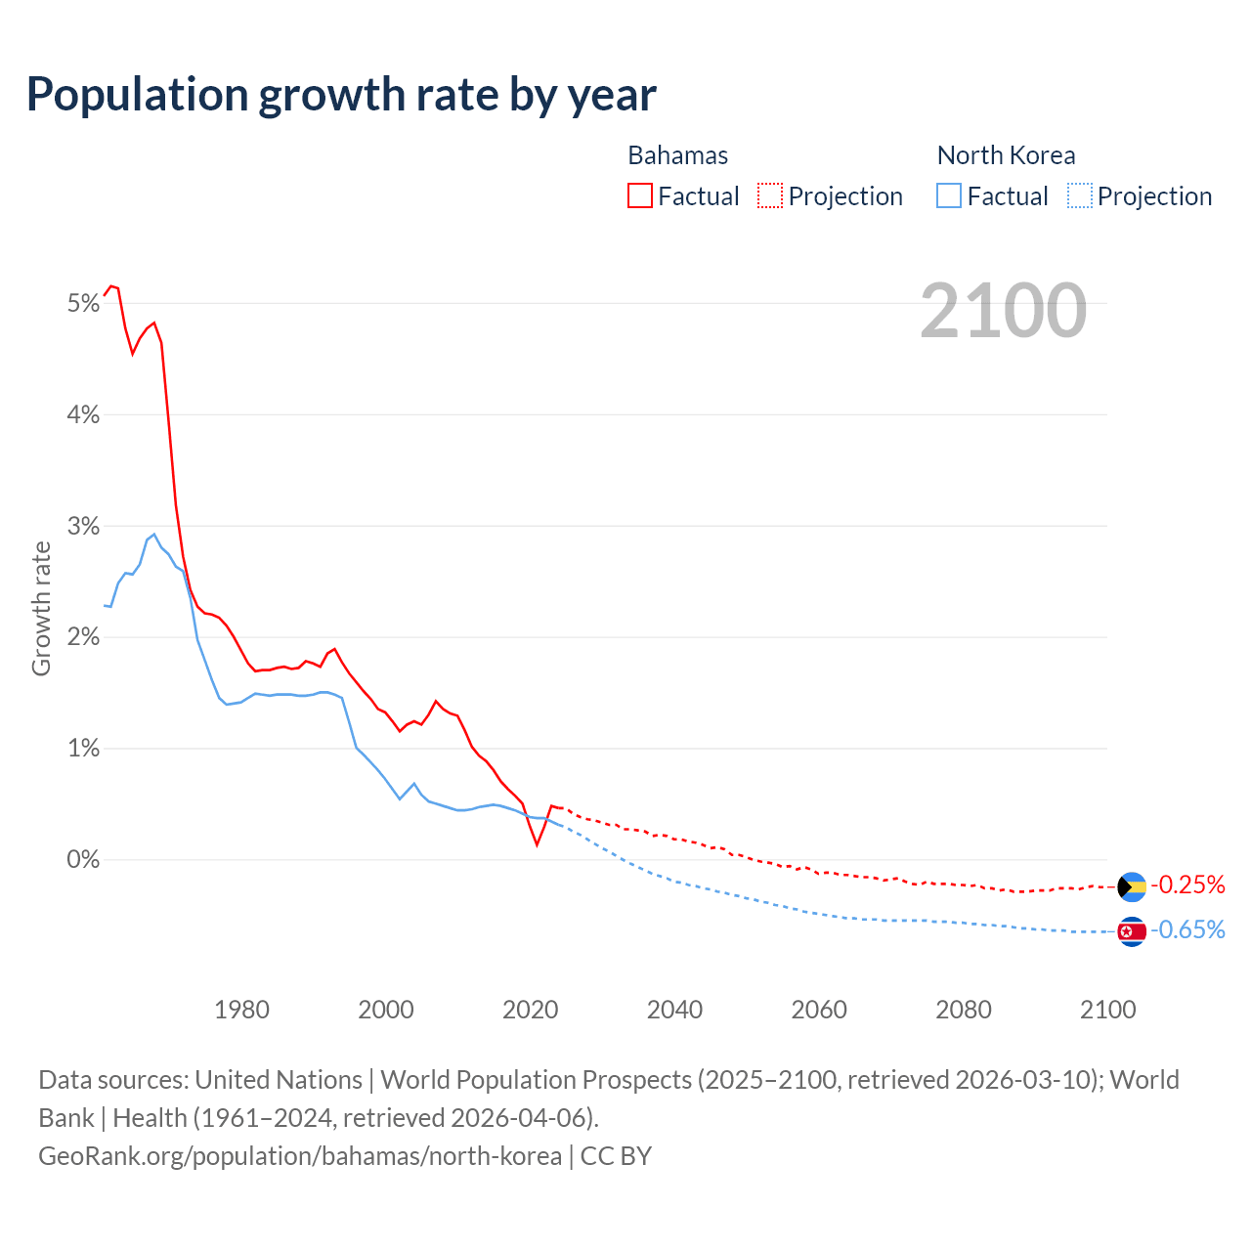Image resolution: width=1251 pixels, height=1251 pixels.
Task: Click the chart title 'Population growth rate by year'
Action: [x=341, y=95]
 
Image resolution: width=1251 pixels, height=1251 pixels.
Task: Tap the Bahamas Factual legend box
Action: [x=640, y=195]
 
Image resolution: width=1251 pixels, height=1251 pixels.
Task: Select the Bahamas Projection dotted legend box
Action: [x=770, y=195]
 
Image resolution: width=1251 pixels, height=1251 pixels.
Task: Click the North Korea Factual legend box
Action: [x=949, y=195]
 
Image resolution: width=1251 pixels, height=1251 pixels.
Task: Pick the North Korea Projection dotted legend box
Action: [x=1079, y=195]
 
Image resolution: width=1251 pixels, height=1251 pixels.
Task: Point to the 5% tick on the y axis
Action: [x=84, y=304]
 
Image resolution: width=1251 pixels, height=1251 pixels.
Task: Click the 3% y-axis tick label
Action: [x=84, y=527]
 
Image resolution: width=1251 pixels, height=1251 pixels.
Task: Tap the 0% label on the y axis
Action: [x=84, y=860]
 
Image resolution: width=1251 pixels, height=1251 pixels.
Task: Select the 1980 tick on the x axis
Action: [x=241, y=1010]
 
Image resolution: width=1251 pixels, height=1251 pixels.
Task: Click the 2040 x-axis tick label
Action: [x=674, y=1010]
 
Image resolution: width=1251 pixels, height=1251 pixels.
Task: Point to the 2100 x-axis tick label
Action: [x=1107, y=1010]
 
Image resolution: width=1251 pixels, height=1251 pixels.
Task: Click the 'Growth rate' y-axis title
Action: [x=41, y=608]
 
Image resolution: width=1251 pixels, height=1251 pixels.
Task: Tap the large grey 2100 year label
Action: [x=1003, y=311]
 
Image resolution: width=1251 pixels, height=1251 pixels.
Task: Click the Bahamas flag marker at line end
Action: [x=1132, y=886]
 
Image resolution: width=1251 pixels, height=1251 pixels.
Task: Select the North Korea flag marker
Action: [x=1132, y=931]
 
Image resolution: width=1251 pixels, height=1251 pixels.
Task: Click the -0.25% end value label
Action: [x=1187, y=885]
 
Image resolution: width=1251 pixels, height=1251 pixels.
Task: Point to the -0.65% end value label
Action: [x=1187, y=930]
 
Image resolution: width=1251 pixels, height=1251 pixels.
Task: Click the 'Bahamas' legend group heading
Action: [x=677, y=155]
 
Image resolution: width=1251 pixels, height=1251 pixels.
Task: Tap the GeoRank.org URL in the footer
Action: [x=300, y=1156]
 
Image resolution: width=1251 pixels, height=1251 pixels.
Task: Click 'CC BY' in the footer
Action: [x=616, y=1156]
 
